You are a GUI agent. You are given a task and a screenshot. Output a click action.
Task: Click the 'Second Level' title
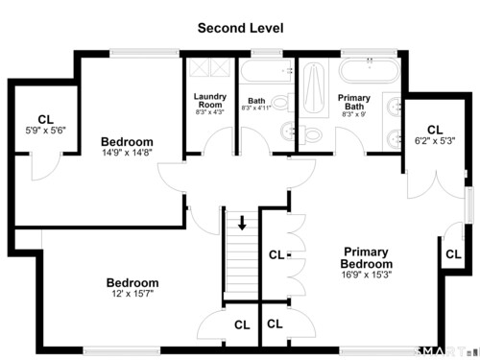tap(240, 28)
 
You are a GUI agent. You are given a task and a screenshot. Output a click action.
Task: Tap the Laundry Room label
tap(210, 101)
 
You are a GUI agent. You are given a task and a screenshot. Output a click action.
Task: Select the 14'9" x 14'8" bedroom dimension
tap(127, 153)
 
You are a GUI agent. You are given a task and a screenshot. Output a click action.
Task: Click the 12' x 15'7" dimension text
tap(132, 294)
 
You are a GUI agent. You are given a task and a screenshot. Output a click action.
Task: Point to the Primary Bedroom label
tap(367, 258)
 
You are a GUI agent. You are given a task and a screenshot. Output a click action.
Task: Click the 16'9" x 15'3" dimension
tap(367, 275)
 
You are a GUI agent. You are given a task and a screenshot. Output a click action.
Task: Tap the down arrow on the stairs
tap(242, 223)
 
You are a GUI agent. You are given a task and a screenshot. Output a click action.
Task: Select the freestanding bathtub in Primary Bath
tap(370, 71)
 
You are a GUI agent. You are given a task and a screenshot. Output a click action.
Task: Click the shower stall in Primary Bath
tap(314, 88)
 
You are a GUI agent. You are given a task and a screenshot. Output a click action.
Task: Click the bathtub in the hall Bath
tap(267, 71)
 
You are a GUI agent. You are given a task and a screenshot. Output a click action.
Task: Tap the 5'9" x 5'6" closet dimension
tap(46, 131)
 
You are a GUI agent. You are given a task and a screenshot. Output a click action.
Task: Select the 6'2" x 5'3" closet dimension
tap(435, 141)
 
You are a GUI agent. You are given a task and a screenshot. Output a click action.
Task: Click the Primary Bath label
tap(354, 102)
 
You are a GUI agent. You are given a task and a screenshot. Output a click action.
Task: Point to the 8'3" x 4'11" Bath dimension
tap(256, 108)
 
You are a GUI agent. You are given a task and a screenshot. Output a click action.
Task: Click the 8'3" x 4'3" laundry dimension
tap(210, 112)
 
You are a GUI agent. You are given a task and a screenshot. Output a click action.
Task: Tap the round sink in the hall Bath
tap(288, 131)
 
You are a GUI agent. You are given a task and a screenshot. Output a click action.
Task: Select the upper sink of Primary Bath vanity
tap(394, 107)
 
